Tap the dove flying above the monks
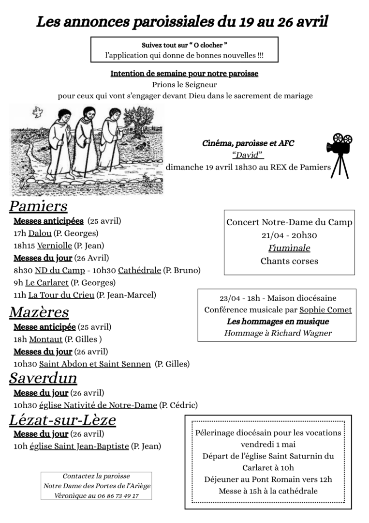point(38,113)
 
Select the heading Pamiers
point(38,206)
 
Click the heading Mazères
point(39,312)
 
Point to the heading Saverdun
point(43,378)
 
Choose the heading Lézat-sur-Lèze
point(62,420)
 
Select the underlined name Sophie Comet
point(325,310)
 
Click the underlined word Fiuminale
point(289,248)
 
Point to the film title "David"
point(248,155)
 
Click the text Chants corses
point(289,261)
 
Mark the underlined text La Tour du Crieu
point(61,295)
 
